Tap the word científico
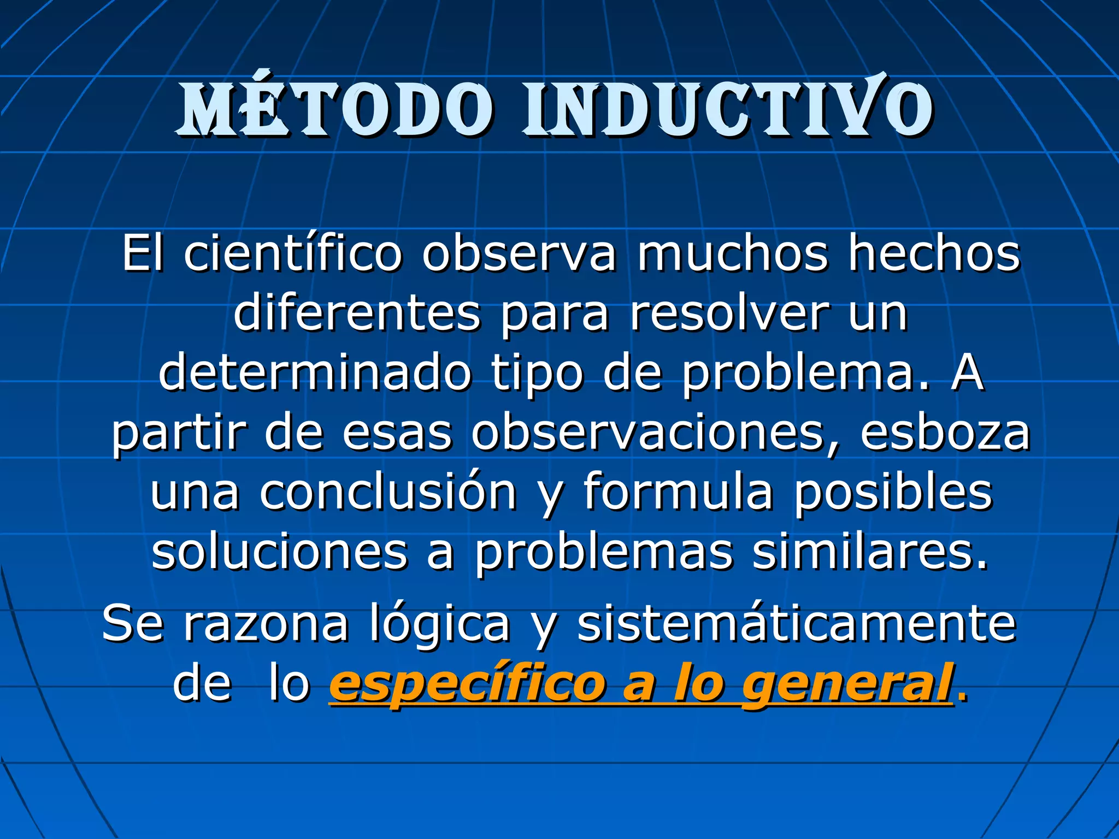(293, 253)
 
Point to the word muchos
(732, 253)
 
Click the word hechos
(934, 253)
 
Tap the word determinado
(315, 374)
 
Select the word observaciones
(648, 434)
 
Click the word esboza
(945, 434)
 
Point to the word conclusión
(388, 493)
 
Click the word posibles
(893, 493)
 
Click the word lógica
(440, 624)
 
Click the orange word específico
(467, 685)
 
